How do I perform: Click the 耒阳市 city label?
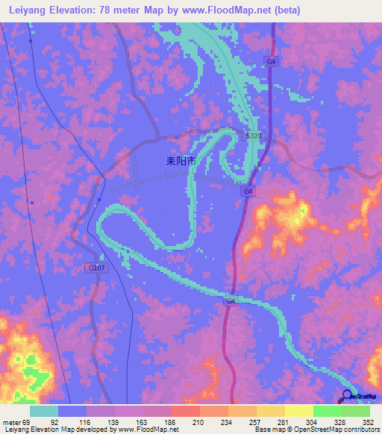click(181, 160)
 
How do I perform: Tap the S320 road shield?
click(254, 136)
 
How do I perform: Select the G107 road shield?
click(96, 268)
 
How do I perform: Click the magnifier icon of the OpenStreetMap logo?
click(348, 396)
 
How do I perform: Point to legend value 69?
click(27, 421)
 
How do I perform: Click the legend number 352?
click(368, 421)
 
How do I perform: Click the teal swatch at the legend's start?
click(44, 411)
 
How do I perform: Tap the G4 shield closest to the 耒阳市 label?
click(247, 192)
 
